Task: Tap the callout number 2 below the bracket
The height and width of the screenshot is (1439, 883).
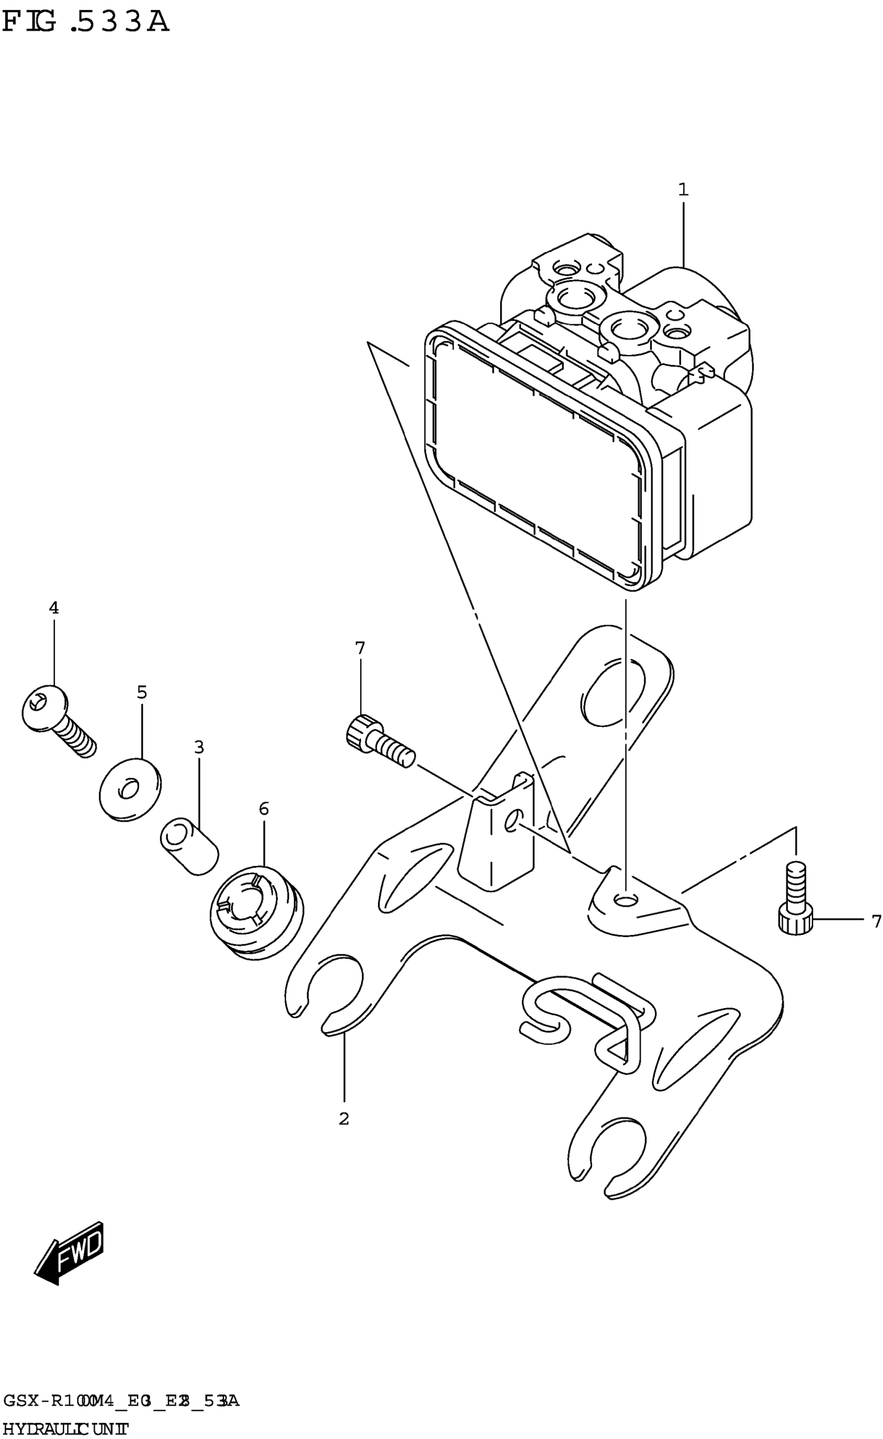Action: (x=344, y=1118)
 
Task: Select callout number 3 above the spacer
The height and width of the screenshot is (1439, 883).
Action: (x=199, y=747)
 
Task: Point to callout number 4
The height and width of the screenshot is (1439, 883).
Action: (x=53, y=608)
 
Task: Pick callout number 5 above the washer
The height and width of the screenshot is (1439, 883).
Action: (x=141, y=693)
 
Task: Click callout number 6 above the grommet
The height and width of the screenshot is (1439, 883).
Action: (x=263, y=809)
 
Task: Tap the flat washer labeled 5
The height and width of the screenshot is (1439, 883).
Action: (x=130, y=790)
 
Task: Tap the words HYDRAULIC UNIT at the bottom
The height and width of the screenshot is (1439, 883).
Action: (x=64, y=1429)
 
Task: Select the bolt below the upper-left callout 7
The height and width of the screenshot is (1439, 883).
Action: (x=380, y=739)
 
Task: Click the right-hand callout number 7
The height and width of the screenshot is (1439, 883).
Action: (x=875, y=921)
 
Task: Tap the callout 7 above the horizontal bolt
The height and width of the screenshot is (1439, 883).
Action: (x=360, y=648)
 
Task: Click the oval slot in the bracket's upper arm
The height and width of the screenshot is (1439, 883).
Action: (x=613, y=691)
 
